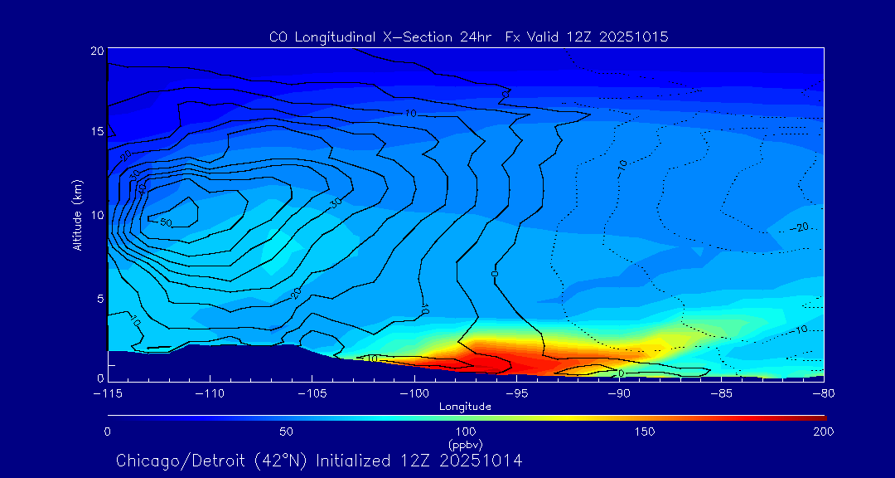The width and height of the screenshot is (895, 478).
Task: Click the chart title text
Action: click(468, 37)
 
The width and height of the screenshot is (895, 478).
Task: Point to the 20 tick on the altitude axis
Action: click(97, 51)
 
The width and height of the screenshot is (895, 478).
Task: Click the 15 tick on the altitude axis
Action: click(97, 132)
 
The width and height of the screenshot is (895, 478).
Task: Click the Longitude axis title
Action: click(465, 407)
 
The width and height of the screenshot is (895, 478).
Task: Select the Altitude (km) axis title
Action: click(77, 215)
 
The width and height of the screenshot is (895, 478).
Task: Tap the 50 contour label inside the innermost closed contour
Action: click(165, 222)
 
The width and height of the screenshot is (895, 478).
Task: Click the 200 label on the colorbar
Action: click(823, 432)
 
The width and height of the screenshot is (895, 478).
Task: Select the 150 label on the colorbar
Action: click(645, 432)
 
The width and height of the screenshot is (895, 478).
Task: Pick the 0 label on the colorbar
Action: click(108, 432)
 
